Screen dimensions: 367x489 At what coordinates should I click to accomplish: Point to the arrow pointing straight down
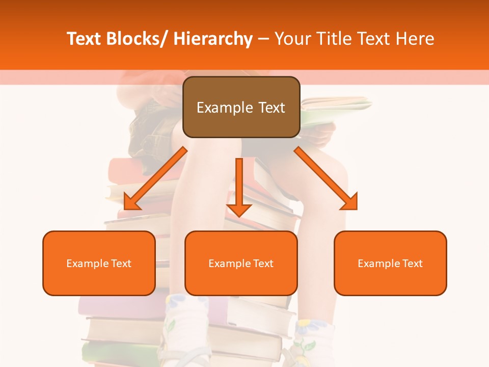(x=239, y=186)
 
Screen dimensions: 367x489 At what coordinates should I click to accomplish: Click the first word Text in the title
(x=83, y=39)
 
